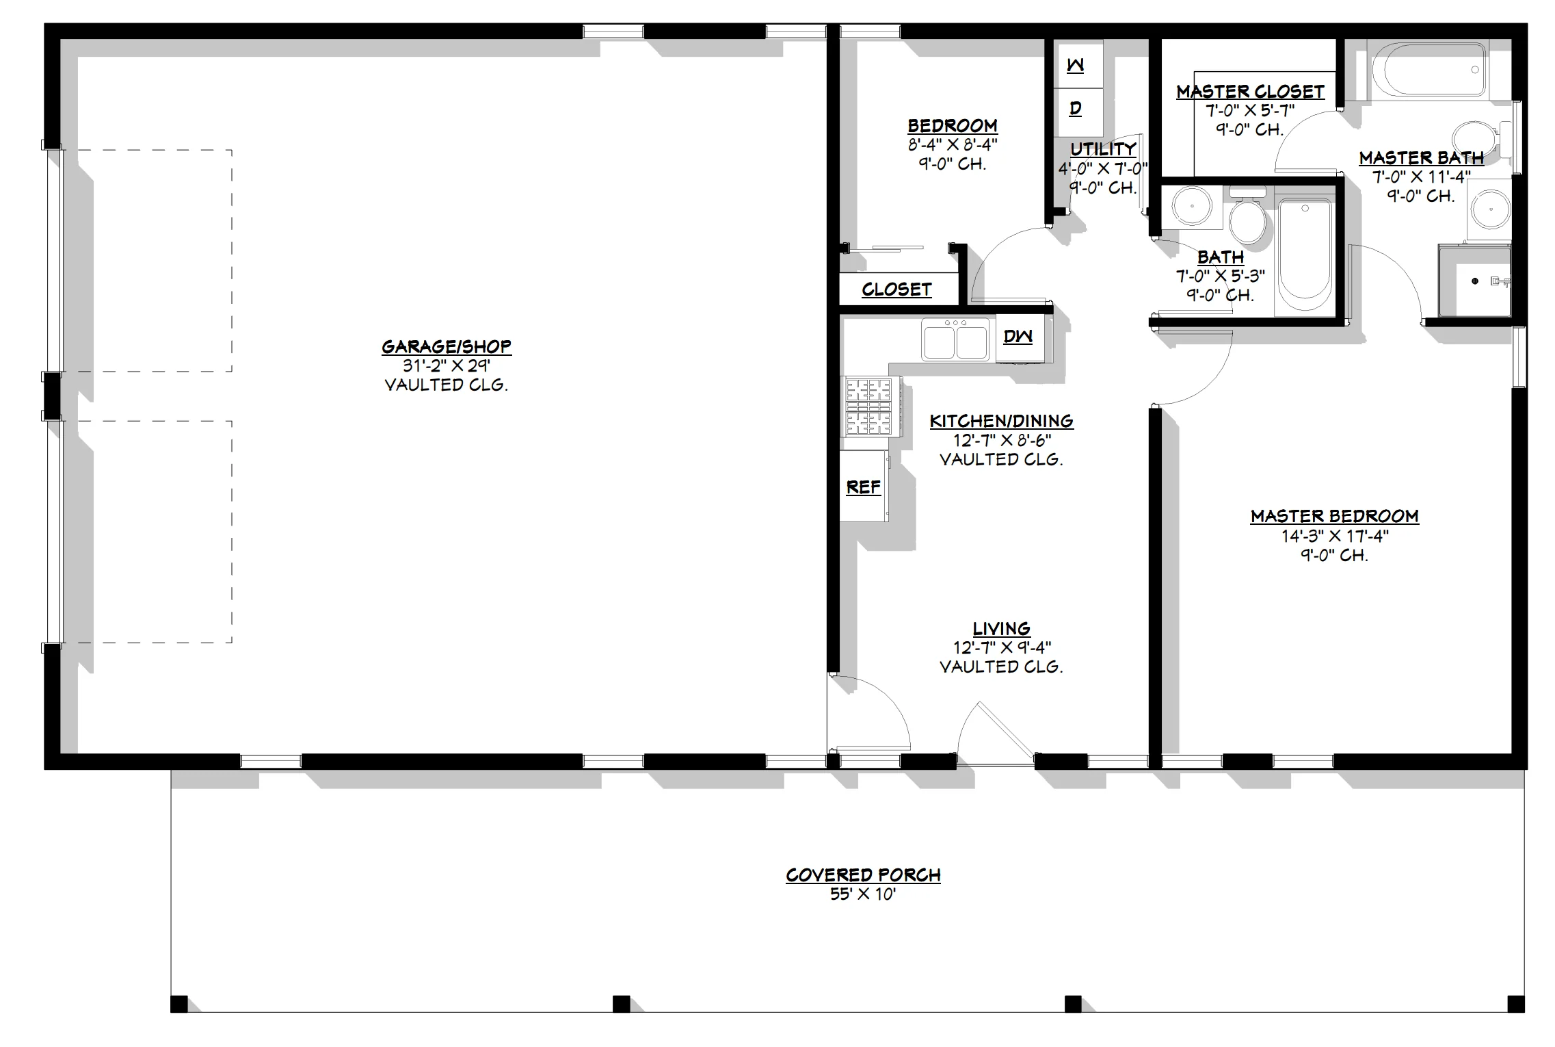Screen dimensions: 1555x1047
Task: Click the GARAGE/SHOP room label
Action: coord(446,347)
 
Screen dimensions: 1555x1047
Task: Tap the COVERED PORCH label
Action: coord(863,875)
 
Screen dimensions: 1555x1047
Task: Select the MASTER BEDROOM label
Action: coord(1334,516)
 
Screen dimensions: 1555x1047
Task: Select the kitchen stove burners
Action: coord(870,407)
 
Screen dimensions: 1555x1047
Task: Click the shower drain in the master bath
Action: coord(1475,281)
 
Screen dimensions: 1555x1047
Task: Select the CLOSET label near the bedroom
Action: coord(896,289)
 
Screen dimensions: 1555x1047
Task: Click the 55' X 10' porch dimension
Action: coord(863,894)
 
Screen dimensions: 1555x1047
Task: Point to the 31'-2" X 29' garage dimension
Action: coord(446,366)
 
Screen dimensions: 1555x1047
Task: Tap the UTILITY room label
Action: coord(1103,149)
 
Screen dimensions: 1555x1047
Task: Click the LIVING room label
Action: coord(1002,629)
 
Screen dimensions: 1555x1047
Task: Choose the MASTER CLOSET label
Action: coord(1250,92)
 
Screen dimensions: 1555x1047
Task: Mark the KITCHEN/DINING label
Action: coord(1002,422)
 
